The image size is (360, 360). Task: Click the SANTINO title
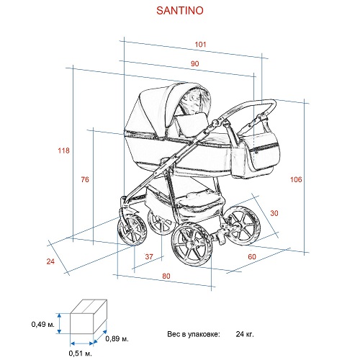[180, 10]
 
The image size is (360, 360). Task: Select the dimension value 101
[200, 45]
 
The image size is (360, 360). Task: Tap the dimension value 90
[195, 63]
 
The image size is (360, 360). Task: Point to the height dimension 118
[63, 150]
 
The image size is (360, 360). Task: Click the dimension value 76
[85, 179]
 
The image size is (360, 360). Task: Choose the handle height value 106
[296, 179]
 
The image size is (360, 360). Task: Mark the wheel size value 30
[274, 213]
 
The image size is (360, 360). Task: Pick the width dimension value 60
[252, 256]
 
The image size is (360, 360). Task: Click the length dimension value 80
[166, 276]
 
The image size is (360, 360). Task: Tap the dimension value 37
[149, 256]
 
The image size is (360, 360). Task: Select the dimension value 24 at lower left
[50, 261]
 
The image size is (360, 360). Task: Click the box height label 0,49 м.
[43, 325]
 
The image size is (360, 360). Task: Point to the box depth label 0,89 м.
[117, 338]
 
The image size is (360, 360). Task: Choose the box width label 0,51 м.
[80, 354]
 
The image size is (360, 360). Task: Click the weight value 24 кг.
[245, 334]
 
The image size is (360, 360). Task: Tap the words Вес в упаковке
[194, 334]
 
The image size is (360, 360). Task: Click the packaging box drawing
[89, 316]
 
